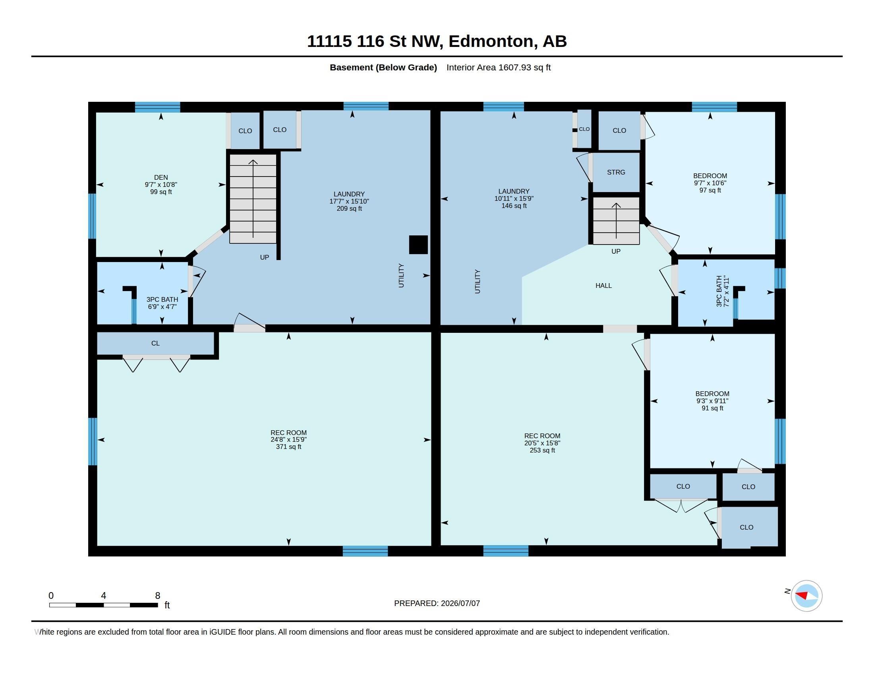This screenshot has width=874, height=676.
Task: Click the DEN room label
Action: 161,177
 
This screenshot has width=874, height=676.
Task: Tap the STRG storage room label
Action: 616,172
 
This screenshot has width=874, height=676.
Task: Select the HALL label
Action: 603,286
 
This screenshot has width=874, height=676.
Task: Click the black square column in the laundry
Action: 418,245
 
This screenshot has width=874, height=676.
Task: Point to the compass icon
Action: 806,596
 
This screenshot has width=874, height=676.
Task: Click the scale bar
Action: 104,605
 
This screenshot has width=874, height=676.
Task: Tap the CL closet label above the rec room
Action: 155,343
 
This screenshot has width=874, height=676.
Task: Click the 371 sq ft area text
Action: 288,447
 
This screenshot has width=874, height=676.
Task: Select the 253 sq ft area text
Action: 542,450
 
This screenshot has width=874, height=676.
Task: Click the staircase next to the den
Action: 253,199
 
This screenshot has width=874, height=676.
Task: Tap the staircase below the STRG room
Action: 616,221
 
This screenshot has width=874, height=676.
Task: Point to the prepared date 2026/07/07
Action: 460,603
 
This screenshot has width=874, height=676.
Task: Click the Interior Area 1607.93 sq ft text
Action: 499,67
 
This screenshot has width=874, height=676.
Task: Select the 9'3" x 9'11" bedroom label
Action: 712,401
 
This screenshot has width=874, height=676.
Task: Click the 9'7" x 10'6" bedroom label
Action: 710,183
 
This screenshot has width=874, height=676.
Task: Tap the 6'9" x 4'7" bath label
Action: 162,307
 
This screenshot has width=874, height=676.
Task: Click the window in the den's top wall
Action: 157,107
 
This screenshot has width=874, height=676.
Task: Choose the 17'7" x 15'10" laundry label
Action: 349,202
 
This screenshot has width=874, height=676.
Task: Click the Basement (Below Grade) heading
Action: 383,67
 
